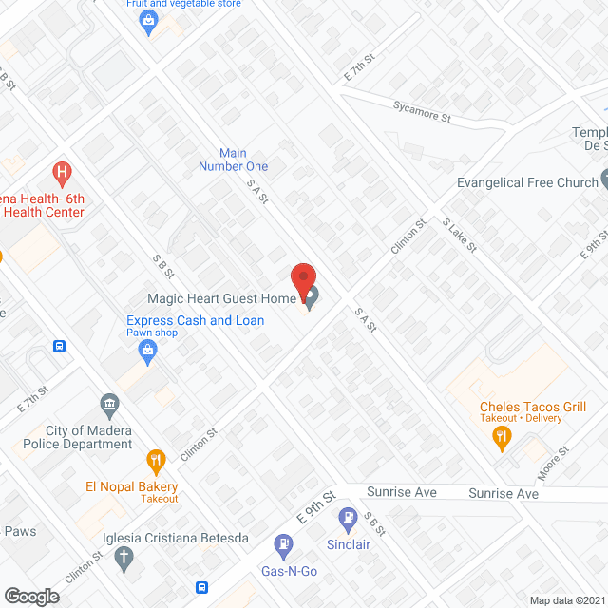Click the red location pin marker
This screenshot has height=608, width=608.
coord(302,281)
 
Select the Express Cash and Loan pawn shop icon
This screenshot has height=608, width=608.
coord(147,352)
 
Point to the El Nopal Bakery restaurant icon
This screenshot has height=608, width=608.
coord(156,463)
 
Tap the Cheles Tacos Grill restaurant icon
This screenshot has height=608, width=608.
coord(502,437)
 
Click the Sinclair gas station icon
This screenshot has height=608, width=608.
coord(350,520)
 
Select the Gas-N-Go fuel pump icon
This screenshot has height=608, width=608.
coord(283,544)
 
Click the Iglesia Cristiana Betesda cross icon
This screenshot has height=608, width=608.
coord(123,560)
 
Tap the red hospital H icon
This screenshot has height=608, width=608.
coord(63,173)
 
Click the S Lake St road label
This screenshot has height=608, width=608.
coord(460,235)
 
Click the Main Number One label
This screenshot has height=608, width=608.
coord(233,160)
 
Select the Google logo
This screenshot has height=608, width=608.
coord(31,596)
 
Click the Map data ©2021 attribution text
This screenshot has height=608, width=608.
coord(566,600)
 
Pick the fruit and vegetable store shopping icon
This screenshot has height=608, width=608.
coord(147,21)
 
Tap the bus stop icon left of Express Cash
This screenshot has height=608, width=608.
coord(59,346)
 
